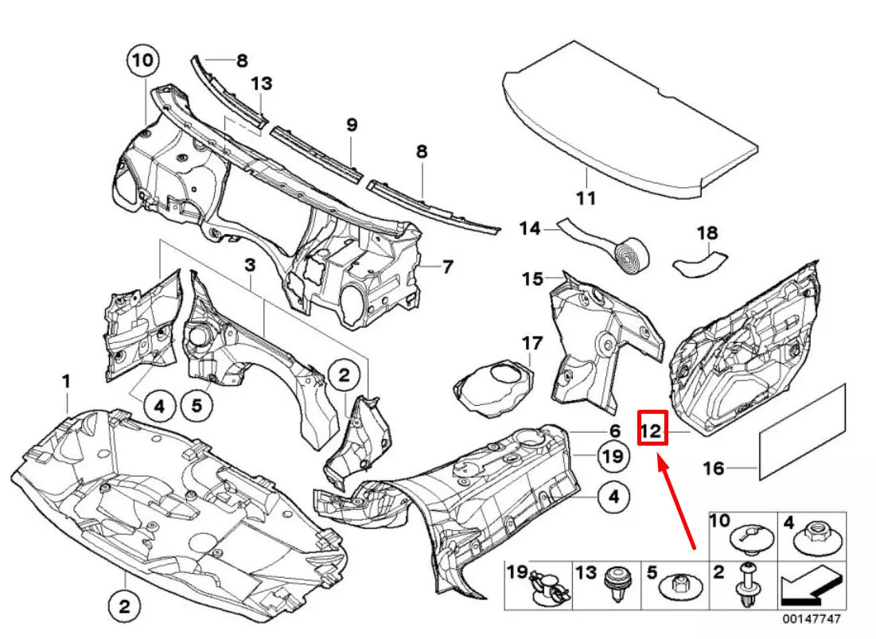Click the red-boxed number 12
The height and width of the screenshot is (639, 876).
[x=652, y=431]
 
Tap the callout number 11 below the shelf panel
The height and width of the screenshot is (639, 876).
[x=586, y=198]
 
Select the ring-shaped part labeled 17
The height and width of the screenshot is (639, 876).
[x=493, y=385]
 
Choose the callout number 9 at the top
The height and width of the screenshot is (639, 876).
[x=352, y=125]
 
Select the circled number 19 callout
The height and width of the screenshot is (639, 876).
[x=610, y=456]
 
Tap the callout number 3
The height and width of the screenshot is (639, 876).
[x=249, y=263]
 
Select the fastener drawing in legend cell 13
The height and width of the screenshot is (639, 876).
[x=615, y=585]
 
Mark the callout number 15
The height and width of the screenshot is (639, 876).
[x=532, y=279]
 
